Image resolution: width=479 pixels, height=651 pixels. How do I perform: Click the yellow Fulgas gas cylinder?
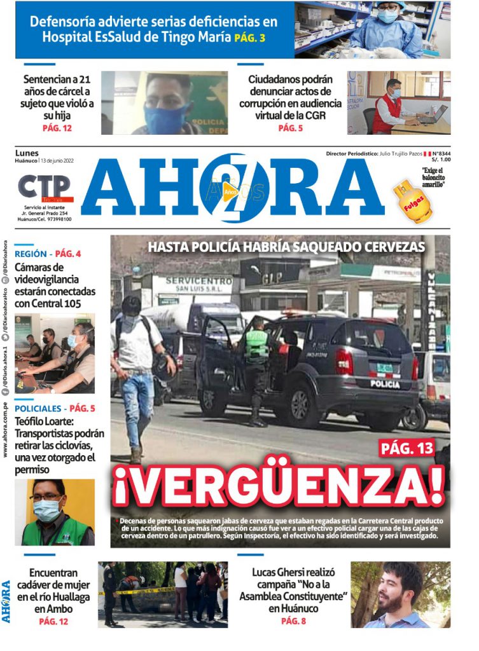(x=412, y=200)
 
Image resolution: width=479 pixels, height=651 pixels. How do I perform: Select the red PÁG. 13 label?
(x=407, y=448)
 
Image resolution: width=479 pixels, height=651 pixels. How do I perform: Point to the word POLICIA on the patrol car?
(x=385, y=383)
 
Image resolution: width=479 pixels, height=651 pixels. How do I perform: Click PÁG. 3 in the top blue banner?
(x=250, y=38)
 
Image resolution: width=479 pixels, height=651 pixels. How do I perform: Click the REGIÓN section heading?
(x=30, y=254)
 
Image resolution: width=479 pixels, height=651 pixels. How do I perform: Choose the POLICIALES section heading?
(x=39, y=408)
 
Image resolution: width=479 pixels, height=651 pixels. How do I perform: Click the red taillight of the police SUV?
(x=344, y=362)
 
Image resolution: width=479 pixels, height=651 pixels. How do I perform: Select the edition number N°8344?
(x=438, y=153)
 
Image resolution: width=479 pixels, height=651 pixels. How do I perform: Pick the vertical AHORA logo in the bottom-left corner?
(x=6, y=600)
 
